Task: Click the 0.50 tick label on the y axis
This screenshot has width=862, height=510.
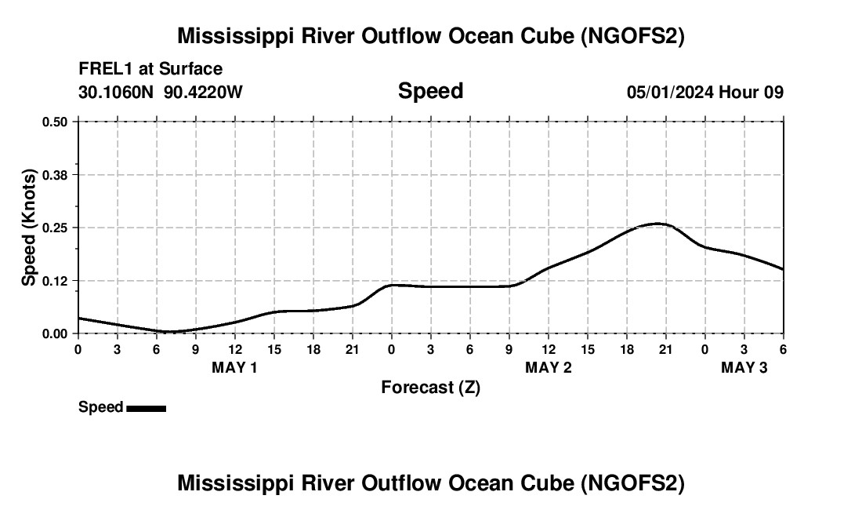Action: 55,122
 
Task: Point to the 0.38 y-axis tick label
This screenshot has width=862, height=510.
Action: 55,174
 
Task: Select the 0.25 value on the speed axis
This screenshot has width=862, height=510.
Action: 55,228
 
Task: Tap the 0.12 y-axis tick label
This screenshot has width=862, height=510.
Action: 55,280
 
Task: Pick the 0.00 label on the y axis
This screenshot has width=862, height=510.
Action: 55,333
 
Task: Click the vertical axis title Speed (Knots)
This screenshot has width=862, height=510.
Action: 29,228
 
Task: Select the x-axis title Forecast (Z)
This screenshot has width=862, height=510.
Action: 430,387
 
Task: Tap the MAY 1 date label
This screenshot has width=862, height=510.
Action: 234,367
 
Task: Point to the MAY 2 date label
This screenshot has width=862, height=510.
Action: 548,367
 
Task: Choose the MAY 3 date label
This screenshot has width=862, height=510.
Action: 744,367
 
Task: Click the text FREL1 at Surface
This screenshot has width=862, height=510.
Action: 150,69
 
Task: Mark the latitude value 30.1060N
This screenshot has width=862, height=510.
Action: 118,92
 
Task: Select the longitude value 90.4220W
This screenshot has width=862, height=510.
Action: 204,92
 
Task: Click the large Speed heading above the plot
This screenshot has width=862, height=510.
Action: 430,91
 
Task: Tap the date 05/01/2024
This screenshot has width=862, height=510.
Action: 671,92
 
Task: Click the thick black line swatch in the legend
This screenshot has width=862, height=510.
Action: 146,408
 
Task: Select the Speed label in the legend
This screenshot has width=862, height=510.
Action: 100,407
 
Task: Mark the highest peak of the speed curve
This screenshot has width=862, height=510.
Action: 658,224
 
